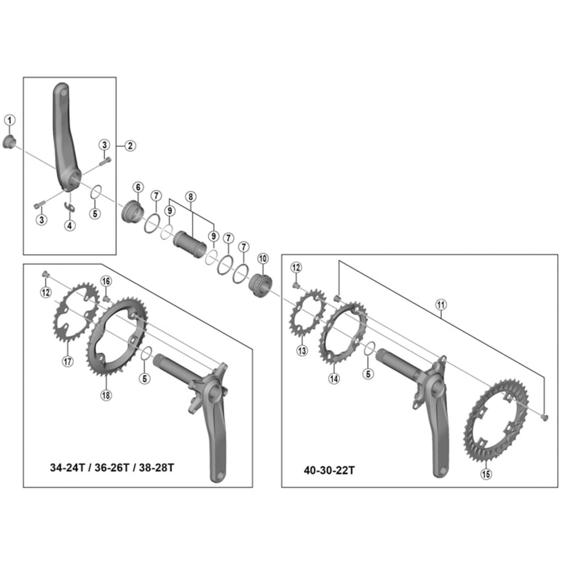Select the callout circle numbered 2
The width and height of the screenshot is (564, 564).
pyautogui.click(x=130, y=146)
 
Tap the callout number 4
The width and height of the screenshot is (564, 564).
pyautogui.click(x=70, y=225)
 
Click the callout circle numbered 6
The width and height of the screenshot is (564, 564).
pyautogui.click(x=138, y=187)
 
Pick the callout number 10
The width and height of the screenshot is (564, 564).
pyautogui.click(x=263, y=258)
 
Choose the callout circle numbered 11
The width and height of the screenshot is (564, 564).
pyautogui.click(x=441, y=305)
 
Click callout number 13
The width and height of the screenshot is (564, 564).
pyautogui.click(x=302, y=350)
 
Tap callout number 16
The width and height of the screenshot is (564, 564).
pyautogui.click(x=106, y=281)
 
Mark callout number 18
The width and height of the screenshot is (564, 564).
pyautogui.click(x=106, y=395)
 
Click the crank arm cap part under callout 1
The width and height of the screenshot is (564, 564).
pyautogui.click(x=9, y=143)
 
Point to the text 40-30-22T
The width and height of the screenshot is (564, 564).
pyautogui.click(x=329, y=470)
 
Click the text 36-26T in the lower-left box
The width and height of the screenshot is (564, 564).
pyautogui.click(x=111, y=467)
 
